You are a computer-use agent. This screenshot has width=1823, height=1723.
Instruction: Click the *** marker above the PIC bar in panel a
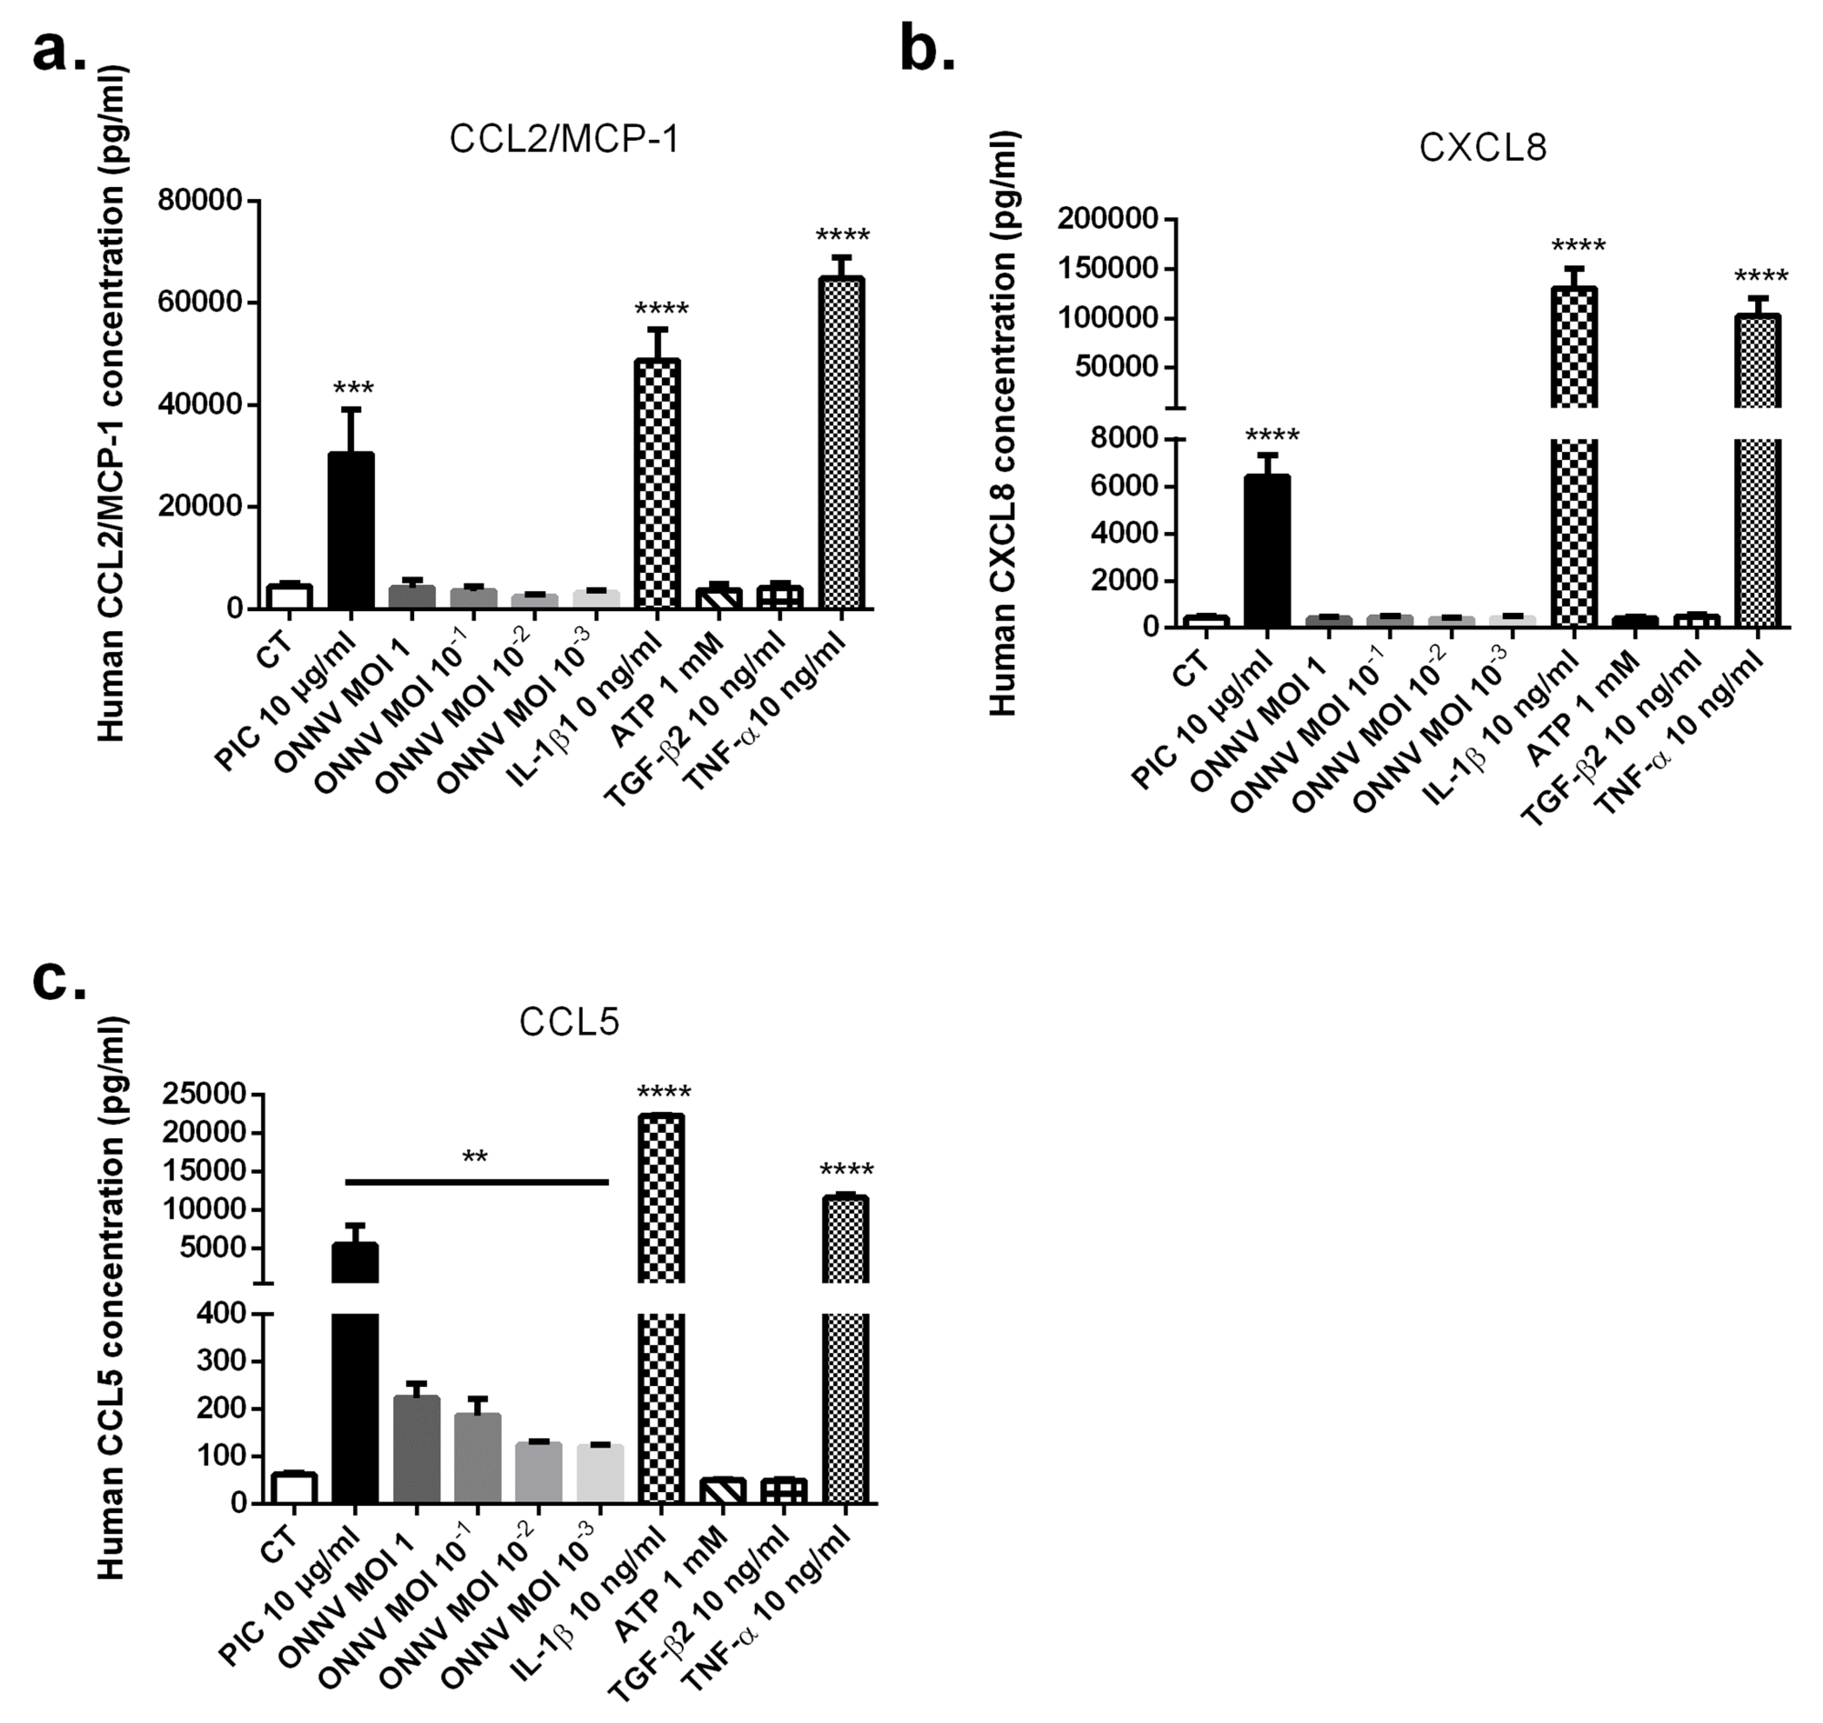pyautogui.click(x=353, y=388)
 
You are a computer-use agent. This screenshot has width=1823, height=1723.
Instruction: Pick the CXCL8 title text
pyautogui.click(x=1482, y=148)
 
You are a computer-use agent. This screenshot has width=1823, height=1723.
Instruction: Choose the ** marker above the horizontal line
pyautogui.click(x=475, y=1157)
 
